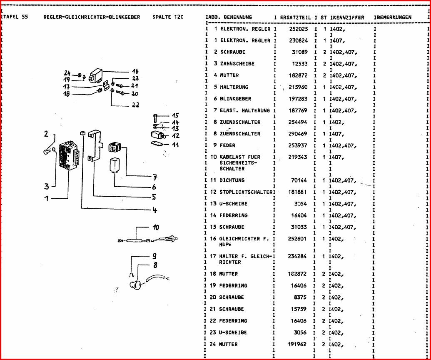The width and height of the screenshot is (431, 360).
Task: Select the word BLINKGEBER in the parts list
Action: (235, 99)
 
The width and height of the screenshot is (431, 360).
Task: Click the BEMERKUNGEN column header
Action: (394, 17)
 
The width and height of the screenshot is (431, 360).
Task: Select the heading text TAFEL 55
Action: (15, 17)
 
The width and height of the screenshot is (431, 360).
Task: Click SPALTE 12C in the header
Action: (168, 17)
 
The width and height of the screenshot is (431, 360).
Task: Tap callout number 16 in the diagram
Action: (135, 71)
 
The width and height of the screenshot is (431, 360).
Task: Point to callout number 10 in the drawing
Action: (156, 227)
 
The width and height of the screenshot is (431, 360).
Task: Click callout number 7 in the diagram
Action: (155, 177)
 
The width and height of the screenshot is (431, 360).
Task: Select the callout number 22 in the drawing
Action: (135, 105)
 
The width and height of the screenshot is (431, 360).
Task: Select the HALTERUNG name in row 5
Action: (234, 87)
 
